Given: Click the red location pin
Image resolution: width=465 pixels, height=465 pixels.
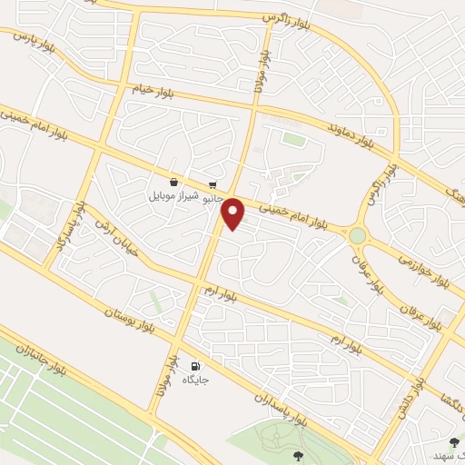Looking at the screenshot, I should pos(233,213).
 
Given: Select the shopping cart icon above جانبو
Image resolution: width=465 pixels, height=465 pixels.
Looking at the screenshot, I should pos(212,181).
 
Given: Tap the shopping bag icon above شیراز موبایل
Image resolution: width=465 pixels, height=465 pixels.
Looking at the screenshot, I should pos(173,181).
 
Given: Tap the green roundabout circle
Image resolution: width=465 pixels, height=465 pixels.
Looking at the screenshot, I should pos(358,235).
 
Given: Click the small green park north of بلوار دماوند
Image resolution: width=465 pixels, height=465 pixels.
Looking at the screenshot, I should pos(292,139).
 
